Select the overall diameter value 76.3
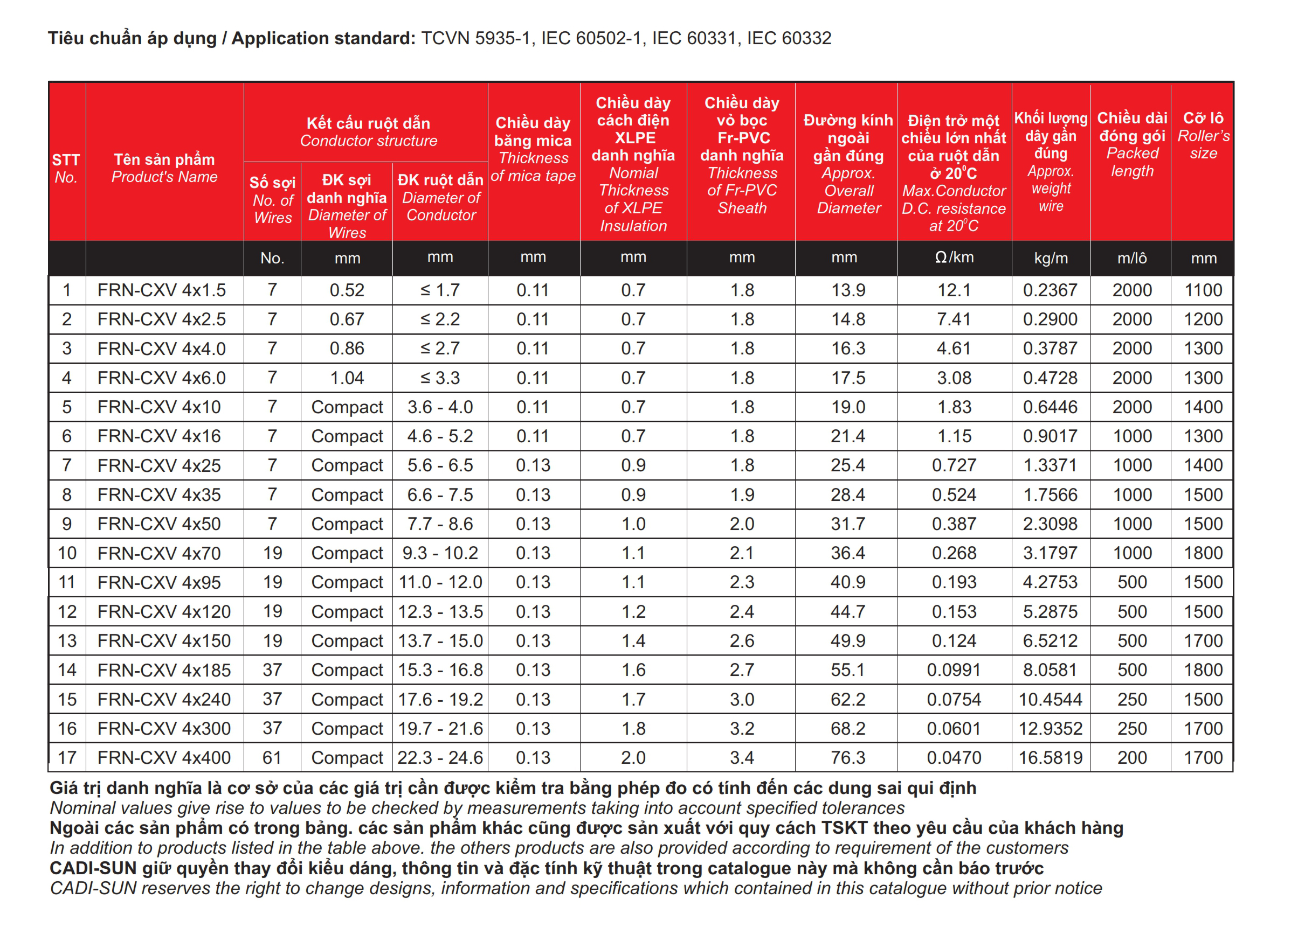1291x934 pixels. pos(847,758)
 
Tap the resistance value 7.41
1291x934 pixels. pos(954,319)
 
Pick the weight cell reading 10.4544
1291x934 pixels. pos(1050,699)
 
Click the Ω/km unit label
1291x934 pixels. pos(954,257)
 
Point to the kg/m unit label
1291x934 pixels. pos(1050,258)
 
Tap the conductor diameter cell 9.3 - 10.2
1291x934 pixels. pos(440,553)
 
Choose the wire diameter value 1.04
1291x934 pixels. pos(347,378)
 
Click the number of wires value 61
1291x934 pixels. pos(272,758)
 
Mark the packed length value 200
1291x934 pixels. pos(1131,758)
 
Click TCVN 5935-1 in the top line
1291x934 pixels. pos(475,38)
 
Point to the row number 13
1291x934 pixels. pos(67,641)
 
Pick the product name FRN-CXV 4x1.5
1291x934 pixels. pos(162,290)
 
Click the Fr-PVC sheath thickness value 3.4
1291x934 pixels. pos(742,758)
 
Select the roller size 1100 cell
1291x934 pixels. pos(1203,290)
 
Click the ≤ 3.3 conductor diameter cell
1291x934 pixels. pos(440,378)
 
